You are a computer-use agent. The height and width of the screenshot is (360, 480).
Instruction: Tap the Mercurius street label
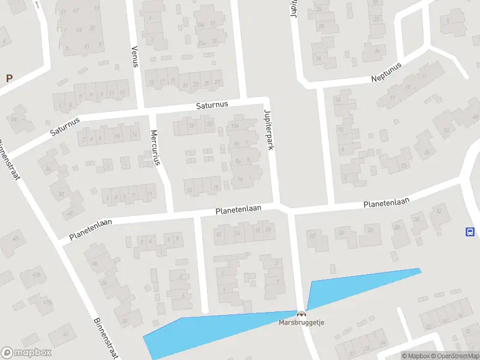(156, 147)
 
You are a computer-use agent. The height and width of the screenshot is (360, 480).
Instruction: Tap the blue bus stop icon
(469, 232)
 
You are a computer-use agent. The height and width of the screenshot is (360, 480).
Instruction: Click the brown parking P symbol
(9, 78)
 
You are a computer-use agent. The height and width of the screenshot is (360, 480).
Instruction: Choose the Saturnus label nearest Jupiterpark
(212, 105)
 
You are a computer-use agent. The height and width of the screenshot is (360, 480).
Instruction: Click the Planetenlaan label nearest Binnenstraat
(90, 229)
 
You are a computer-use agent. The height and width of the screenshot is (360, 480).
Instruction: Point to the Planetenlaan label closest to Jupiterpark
(238, 210)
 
